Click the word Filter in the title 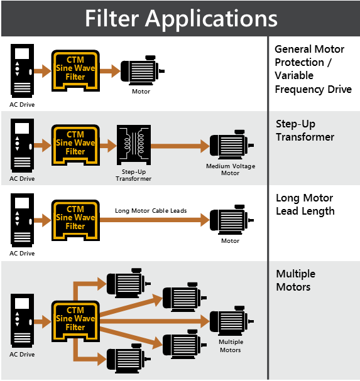coord(112,18)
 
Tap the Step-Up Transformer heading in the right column coord(305,131)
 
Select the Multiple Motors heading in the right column coord(295,281)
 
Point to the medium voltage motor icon coord(232,146)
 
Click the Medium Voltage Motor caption coord(231,169)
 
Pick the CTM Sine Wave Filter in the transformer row coord(75,144)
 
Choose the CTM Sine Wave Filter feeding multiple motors coord(75,319)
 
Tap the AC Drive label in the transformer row coord(22,178)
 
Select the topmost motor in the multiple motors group coord(128,282)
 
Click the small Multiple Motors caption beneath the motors coord(230,346)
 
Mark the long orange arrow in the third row coord(155,219)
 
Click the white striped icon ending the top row coord(142,71)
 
